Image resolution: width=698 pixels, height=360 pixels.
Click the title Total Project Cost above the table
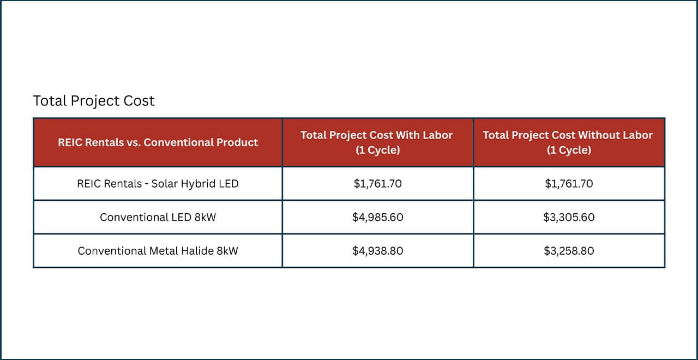point(94,101)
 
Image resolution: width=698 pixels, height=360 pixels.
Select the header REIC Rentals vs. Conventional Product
point(158,142)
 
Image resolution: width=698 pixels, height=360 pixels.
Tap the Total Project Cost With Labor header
point(377,135)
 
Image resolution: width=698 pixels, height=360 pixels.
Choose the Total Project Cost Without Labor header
point(568,135)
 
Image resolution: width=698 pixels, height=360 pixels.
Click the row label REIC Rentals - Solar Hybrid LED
point(158,184)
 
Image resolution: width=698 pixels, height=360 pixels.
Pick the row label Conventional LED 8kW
point(158,217)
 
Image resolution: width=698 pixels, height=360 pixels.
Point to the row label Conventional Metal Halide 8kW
point(158,251)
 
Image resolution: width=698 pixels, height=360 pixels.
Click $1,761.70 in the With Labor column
point(377,184)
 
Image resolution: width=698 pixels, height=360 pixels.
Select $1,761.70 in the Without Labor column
point(569,184)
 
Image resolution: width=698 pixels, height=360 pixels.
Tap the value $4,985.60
point(377,217)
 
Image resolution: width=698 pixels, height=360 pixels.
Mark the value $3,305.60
point(569,217)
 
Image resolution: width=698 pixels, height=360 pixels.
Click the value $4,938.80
point(377,251)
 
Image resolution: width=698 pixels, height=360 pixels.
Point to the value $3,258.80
point(569,251)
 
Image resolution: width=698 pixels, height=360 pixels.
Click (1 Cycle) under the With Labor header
point(377,150)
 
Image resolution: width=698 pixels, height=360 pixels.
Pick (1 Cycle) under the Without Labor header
point(569,150)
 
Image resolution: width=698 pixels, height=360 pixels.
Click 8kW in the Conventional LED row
point(205,217)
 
